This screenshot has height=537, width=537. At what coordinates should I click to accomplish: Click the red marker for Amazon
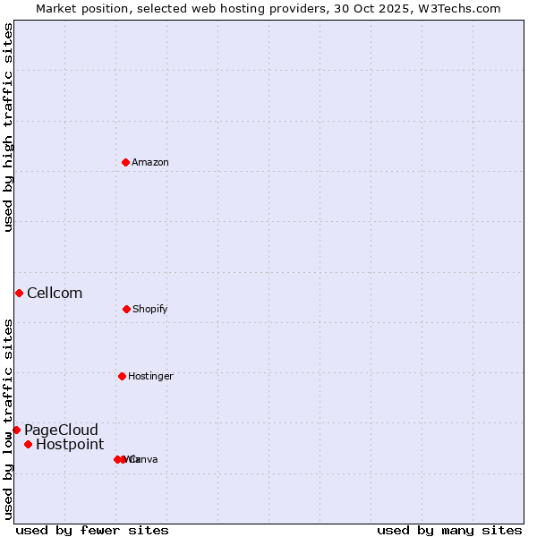tap(125, 162)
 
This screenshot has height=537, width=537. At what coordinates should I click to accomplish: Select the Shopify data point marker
tap(126, 309)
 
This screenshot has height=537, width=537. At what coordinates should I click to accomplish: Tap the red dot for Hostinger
tap(122, 376)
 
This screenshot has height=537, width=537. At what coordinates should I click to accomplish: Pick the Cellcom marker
tap(19, 293)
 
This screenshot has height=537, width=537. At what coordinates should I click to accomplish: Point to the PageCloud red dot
tap(16, 430)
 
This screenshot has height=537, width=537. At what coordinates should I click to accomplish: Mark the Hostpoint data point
tap(28, 444)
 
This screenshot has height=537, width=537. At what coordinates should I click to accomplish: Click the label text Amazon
tap(150, 162)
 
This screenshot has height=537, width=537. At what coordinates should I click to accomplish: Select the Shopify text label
tap(150, 309)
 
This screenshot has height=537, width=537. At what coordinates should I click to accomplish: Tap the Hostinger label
tap(150, 376)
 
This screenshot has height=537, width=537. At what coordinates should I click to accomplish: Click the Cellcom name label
tap(55, 293)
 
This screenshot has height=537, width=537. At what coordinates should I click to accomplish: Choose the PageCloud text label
tap(61, 430)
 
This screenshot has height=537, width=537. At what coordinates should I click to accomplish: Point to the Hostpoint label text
tap(70, 444)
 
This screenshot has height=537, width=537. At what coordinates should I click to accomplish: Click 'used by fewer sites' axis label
tap(92, 530)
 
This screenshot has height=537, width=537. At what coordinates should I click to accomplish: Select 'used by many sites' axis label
tap(449, 530)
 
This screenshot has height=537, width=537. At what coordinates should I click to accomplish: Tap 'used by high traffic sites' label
tap(8, 127)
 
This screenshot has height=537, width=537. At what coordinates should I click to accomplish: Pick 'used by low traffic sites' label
tap(8, 419)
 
